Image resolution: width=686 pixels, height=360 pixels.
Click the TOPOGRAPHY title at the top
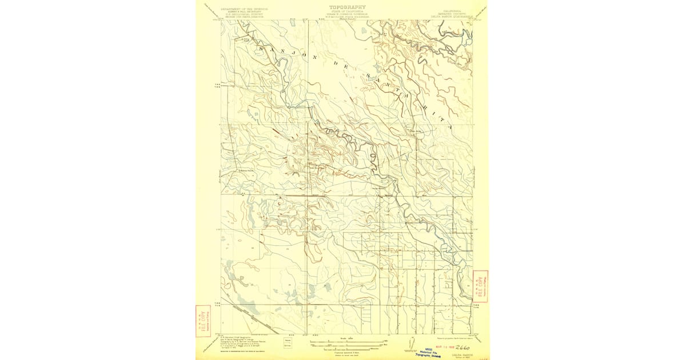click(347, 7)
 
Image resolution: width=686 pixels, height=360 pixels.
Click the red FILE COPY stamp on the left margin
click(202, 321)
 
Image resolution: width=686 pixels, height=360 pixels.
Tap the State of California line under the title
click(347, 13)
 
